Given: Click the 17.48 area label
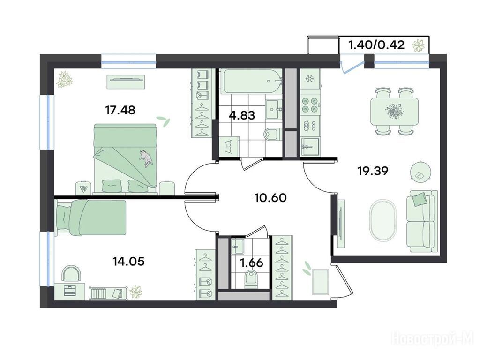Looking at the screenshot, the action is coord(120,110).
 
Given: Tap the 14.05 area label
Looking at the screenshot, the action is coord(128,262).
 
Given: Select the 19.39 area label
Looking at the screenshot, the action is coord(373,171).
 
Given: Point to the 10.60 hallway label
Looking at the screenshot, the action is coord(270,198).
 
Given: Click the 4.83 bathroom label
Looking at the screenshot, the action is coord(242,116).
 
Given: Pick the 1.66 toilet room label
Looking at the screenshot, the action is coord(252,263).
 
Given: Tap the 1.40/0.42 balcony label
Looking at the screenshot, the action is coord(376,45).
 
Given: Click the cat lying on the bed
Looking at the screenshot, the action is coord(146,157).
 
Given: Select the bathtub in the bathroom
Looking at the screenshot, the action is coord(252,82).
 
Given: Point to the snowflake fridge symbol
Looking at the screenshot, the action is coord(310,79).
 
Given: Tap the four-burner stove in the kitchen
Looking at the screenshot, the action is coord(309,105).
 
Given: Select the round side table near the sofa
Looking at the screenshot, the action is coord(420,172).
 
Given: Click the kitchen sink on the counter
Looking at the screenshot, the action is coord(310,147).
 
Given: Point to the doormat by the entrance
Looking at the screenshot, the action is coord(320,282).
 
